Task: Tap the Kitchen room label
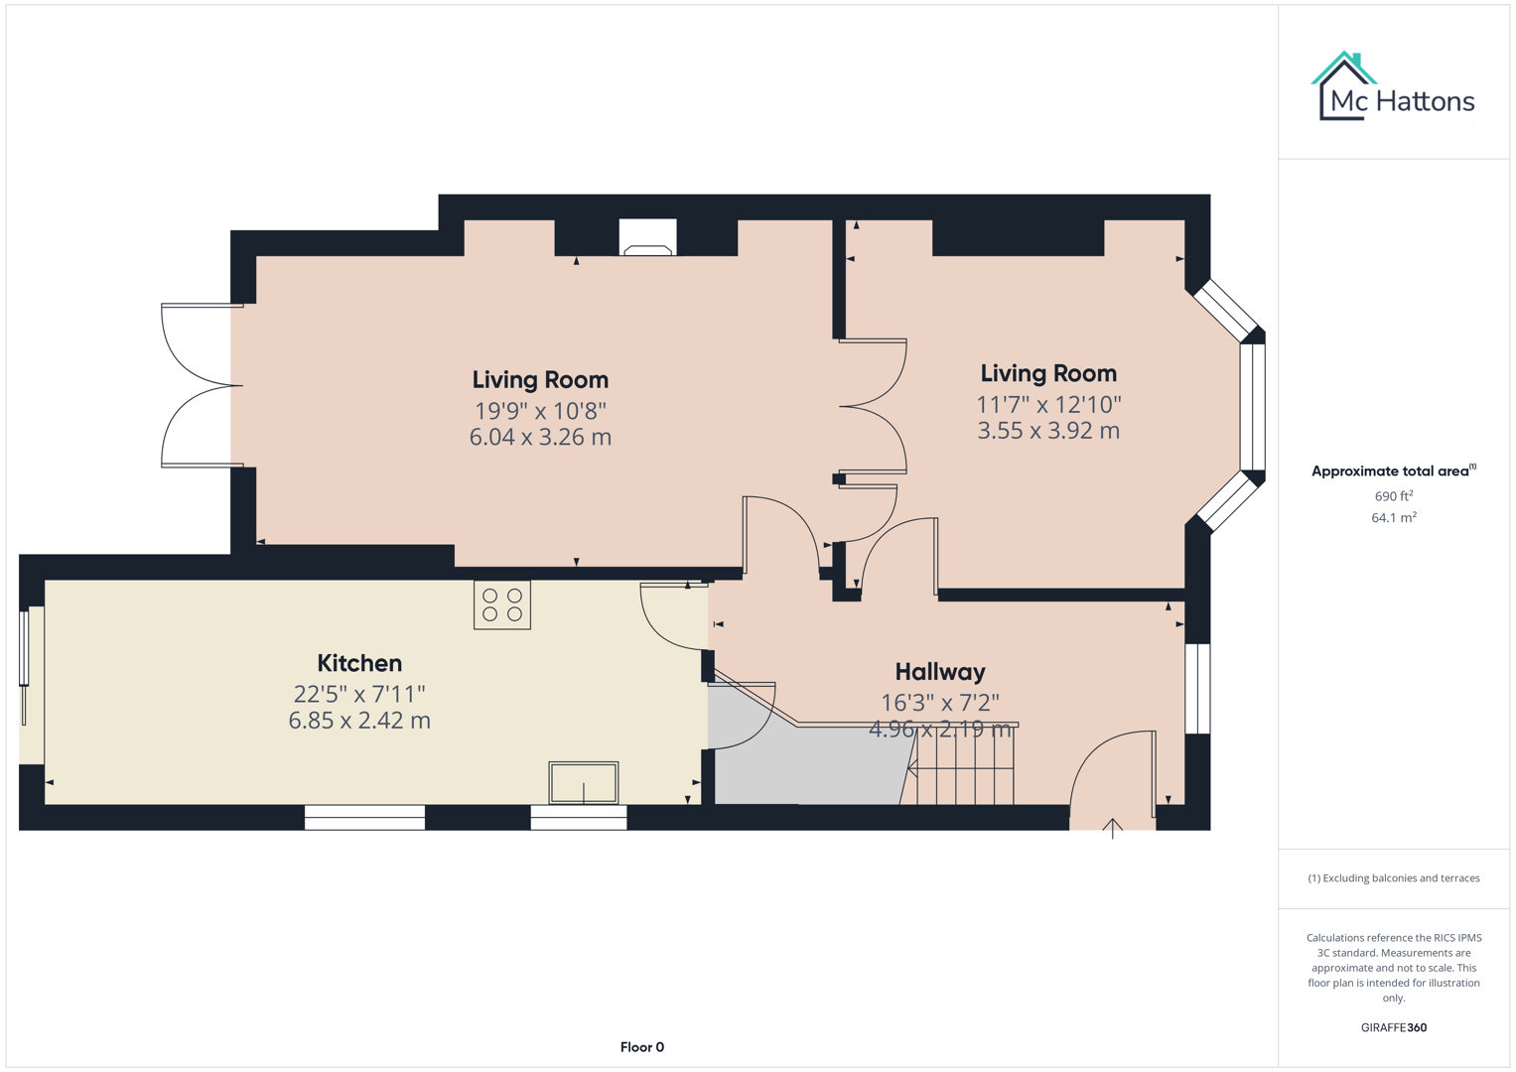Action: click(x=359, y=663)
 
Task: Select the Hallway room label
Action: click(x=939, y=672)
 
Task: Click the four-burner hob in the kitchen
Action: click(x=502, y=605)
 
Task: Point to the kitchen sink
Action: click(x=584, y=782)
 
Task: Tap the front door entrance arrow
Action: click(x=1113, y=828)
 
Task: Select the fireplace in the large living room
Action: click(x=647, y=238)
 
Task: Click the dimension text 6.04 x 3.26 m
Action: click(x=540, y=437)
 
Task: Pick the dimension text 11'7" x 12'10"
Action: click(x=1048, y=404)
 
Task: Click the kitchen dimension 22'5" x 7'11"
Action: click(x=359, y=694)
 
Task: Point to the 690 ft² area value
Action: click(x=1394, y=496)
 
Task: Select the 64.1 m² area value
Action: click(x=1394, y=518)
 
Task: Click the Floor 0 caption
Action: click(x=641, y=1047)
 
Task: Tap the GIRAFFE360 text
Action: click(x=1394, y=1028)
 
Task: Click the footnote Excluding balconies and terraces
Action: click(x=1394, y=878)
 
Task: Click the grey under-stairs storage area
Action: click(x=804, y=764)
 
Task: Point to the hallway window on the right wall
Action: click(x=1198, y=689)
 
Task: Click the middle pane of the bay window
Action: click(x=1253, y=407)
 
